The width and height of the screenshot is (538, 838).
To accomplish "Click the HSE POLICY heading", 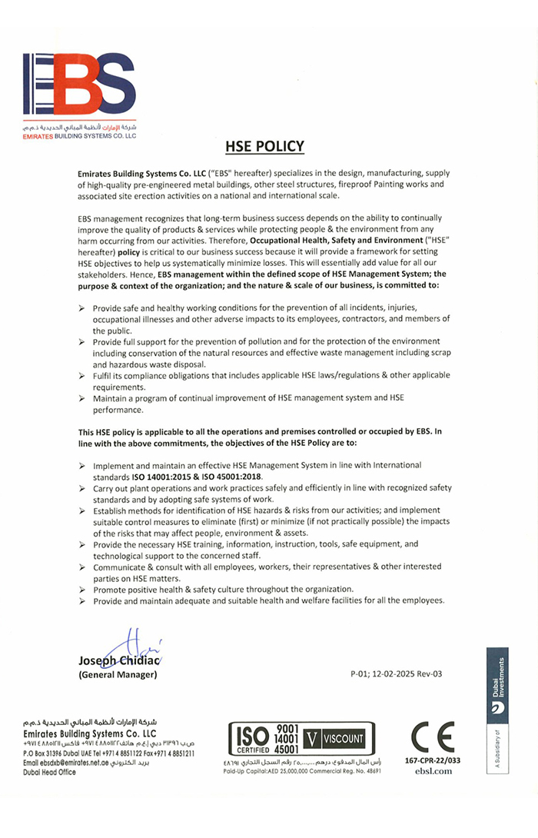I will click(264, 147).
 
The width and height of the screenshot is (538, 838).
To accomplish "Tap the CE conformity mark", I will click(432, 738).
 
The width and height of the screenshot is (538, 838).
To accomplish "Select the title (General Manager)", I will click(118, 675).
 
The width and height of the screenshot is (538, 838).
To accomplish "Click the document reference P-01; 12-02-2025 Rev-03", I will click(396, 674).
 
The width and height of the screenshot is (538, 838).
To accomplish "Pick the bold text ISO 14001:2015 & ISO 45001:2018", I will click(198, 477).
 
